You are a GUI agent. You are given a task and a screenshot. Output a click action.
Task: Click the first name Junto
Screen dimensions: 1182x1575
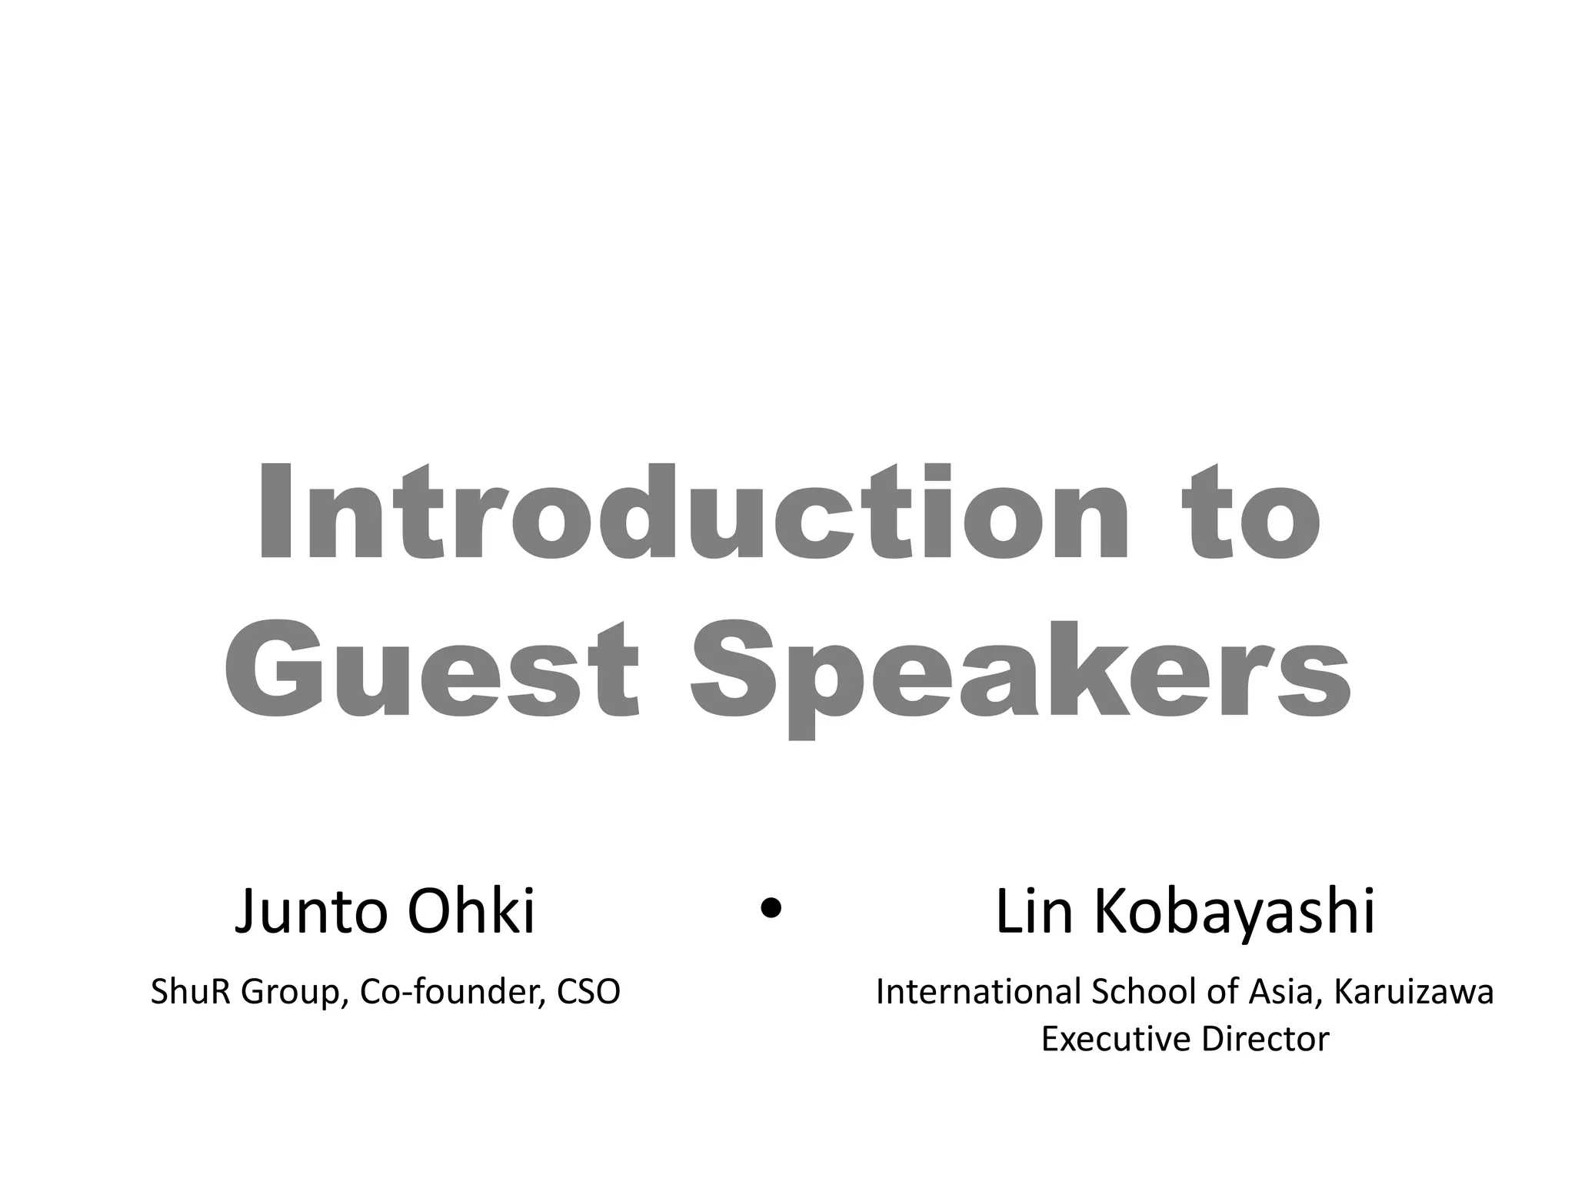[315, 913]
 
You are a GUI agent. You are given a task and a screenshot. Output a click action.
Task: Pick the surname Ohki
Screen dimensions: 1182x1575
[471, 913]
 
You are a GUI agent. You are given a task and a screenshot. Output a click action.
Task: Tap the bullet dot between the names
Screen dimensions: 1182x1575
[770, 909]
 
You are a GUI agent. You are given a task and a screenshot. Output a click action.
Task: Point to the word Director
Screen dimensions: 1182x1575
[1265, 1040]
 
